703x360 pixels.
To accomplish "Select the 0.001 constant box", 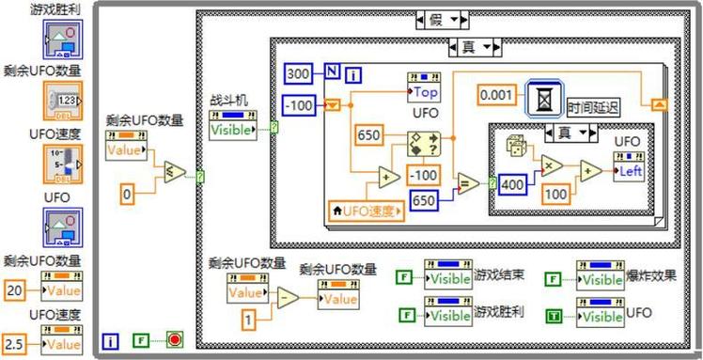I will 500,94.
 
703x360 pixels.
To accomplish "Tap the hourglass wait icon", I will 545,95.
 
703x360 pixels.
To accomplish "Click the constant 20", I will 16,291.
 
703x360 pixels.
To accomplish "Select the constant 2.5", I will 16,344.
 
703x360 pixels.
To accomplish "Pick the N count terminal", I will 332,72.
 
